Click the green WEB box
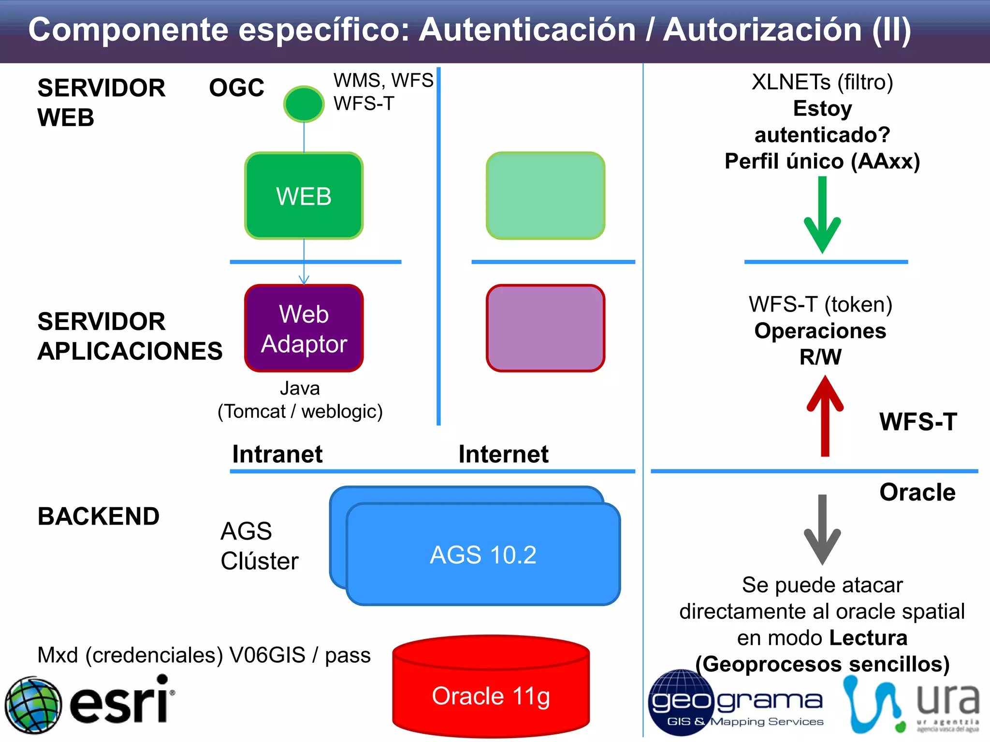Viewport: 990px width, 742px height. click(x=304, y=196)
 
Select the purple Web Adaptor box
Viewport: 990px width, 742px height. click(x=304, y=328)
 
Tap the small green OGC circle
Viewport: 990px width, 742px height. click(x=304, y=104)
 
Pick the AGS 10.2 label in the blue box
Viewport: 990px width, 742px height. click(x=483, y=555)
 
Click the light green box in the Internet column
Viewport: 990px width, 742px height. click(x=545, y=196)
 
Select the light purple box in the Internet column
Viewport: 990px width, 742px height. click(x=545, y=328)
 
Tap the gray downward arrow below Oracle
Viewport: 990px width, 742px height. click(x=822, y=529)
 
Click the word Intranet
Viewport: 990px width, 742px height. click(x=277, y=454)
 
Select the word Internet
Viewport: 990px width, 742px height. click(x=503, y=454)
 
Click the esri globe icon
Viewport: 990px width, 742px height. click(x=33, y=704)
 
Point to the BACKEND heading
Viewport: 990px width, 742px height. click(x=99, y=516)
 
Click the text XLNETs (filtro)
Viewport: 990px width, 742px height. click(x=822, y=82)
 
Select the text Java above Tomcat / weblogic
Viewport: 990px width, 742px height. click(x=300, y=388)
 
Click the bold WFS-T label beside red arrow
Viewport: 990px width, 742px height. click(x=917, y=421)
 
